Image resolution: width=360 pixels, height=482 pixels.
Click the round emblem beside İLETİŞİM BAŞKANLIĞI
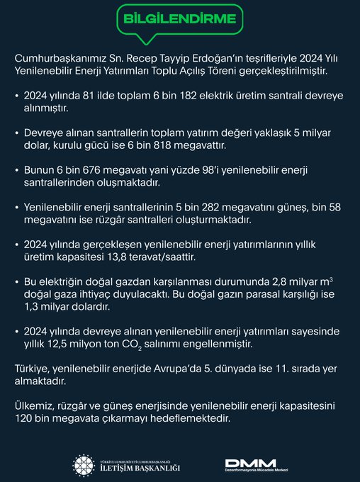point(84,465)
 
